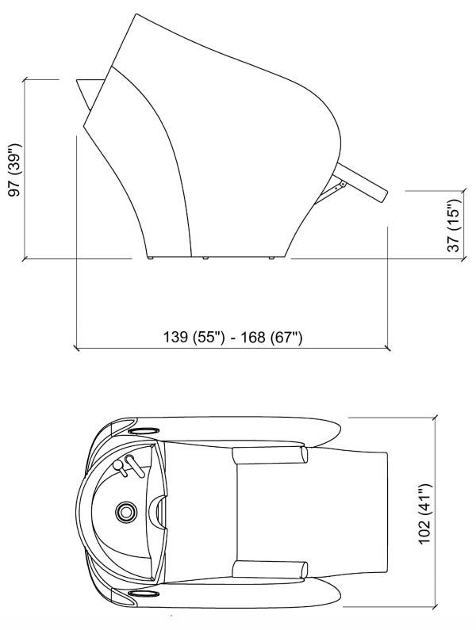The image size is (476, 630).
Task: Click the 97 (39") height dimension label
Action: (x=15, y=169)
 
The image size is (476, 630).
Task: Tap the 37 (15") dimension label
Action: (x=454, y=224)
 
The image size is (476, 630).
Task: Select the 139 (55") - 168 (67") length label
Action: (x=232, y=337)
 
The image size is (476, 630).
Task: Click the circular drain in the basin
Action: (x=126, y=511)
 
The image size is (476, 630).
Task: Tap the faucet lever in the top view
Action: (x=135, y=465)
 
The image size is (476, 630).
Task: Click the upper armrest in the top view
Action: (x=270, y=455)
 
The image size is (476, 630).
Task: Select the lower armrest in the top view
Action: (x=270, y=569)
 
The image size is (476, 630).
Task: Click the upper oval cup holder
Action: (x=143, y=431)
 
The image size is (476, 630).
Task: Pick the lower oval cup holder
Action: (x=143, y=594)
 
